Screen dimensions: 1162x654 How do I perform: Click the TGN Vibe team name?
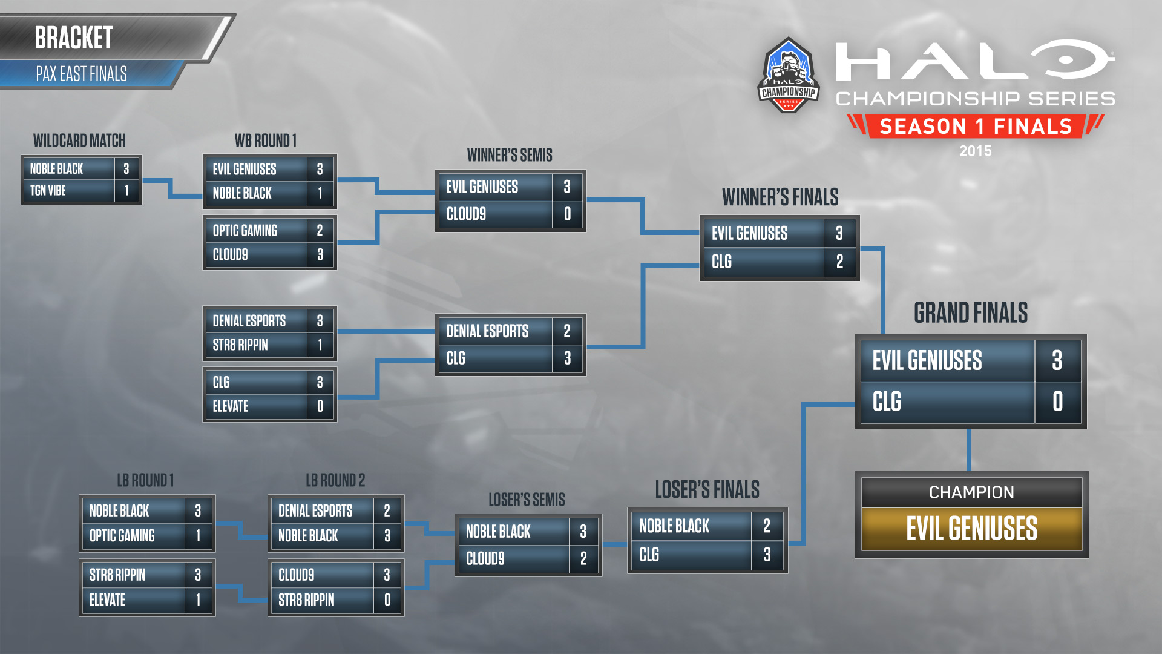coord(48,191)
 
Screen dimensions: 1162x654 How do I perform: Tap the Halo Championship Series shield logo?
coord(789,75)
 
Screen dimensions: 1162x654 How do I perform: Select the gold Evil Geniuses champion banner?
coord(971,529)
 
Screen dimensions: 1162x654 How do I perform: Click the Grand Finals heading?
coord(971,313)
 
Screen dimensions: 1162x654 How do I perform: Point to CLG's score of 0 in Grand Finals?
coord(1057,401)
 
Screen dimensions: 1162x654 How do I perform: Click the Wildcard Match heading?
coord(79,141)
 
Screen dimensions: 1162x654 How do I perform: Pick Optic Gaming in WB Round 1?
coord(245,231)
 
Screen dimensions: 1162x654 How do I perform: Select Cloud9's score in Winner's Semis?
coord(567,214)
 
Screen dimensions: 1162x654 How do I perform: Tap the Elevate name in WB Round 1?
coord(230,406)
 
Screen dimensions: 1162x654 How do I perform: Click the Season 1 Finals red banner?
coord(976,126)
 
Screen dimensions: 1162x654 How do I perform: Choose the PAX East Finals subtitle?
coord(81,74)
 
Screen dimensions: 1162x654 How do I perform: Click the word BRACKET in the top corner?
coord(73,38)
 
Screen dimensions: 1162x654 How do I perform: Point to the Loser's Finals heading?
coord(707,489)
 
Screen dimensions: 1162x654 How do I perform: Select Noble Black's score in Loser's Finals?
coord(767,526)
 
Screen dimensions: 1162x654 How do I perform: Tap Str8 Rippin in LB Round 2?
coord(306,600)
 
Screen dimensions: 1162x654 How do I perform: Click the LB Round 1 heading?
coord(145,481)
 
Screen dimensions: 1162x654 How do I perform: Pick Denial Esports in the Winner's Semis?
coord(487,331)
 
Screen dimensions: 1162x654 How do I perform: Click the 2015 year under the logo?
coord(976,151)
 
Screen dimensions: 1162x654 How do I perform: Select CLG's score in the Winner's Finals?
coord(839,262)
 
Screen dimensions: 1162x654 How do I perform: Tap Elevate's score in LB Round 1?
coord(198,600)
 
